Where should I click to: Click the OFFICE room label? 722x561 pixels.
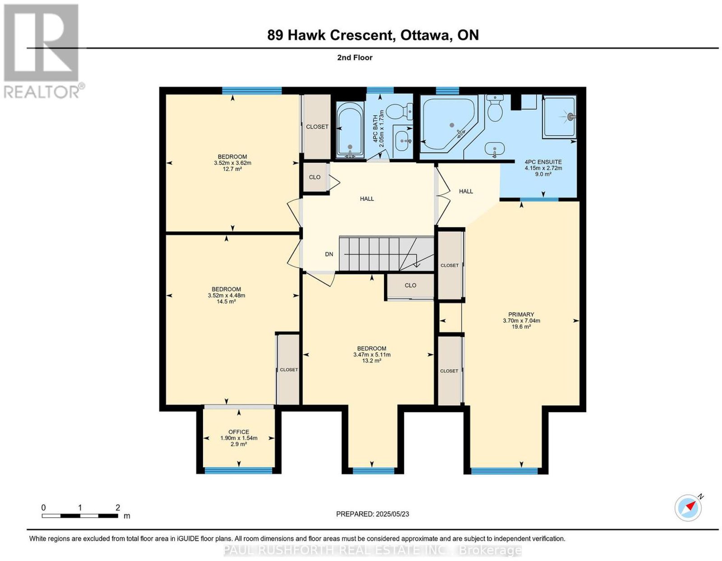click(x=239, y=432)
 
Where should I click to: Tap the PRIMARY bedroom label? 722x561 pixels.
click(x=521, y=314)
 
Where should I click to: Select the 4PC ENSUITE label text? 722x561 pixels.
click(x=543, y=162)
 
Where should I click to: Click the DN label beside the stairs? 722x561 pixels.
click(x=329, y=254)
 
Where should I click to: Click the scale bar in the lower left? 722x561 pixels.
click(x=80, y=515)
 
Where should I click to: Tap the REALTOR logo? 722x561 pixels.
click(x=42, y=51)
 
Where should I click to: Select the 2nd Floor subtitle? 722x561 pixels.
click(x=355, y=57)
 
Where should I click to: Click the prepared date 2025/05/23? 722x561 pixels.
click(x=393, y=514)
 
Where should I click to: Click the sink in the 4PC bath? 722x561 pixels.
click(x=403, y=141)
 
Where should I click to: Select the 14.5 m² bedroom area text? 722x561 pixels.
click(x=227, y=301)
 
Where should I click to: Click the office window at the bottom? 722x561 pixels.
click(x=239, y=470)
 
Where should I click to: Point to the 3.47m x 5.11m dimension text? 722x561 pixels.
click(x=372, y=354)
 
